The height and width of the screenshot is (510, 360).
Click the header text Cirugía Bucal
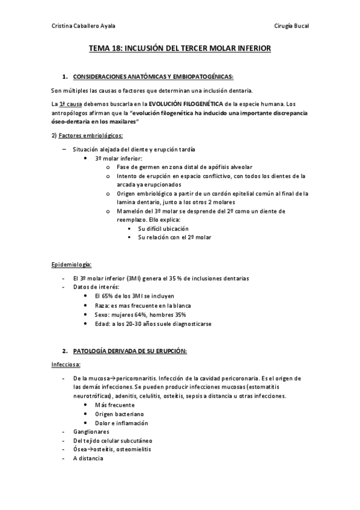(x=291, y=26)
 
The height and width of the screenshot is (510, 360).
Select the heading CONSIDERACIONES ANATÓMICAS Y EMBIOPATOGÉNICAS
(x=153, y=77)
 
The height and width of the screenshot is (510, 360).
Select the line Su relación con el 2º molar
(x=174, y=237)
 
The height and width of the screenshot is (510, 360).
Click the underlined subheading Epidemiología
(x=72, y=265)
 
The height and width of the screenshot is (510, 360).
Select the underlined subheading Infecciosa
(x=67, y=364)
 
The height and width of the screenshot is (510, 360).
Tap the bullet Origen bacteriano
(x=119, y=414)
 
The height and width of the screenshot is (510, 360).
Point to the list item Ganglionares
(x=91, y=431)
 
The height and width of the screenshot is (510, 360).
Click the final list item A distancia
(x=88, y=458)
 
